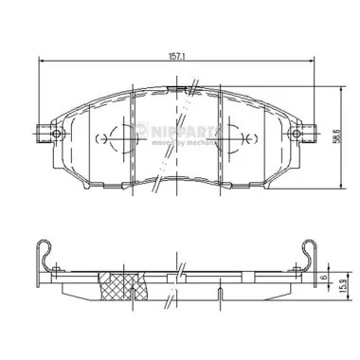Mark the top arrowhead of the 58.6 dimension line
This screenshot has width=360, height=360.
click(334, 89)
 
